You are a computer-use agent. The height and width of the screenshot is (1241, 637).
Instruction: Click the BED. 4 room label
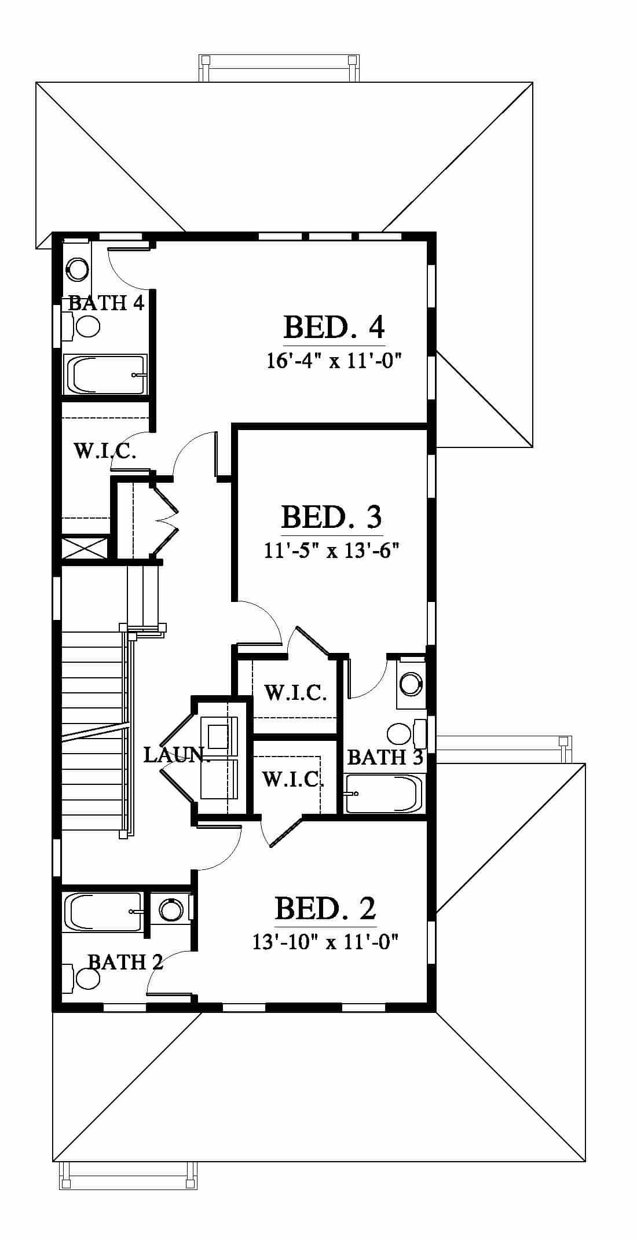tap(334, 327)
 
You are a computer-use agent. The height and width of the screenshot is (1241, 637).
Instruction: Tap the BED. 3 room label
tap(332, 516)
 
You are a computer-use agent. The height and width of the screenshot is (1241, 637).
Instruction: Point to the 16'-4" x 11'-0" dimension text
tap(334, 361)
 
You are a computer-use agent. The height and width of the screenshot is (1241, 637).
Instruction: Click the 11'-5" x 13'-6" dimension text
tap(332, 550)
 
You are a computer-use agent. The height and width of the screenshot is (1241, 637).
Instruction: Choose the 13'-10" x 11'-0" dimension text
tap(325, 942)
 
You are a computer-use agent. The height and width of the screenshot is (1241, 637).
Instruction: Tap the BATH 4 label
tap(107, 303)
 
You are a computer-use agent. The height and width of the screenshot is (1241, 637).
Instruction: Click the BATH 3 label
tap(385, 757)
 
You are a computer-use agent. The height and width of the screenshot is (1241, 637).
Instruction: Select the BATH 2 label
tap(125, 962)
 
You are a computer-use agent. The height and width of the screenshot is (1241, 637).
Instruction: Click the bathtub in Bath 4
tap(105, 374)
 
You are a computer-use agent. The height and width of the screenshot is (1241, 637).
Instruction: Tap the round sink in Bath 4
tap(77, 267)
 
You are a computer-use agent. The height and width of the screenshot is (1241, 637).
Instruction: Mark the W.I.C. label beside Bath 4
tap(105, 450)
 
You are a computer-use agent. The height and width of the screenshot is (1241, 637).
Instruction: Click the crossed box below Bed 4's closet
tap(85, 548)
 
